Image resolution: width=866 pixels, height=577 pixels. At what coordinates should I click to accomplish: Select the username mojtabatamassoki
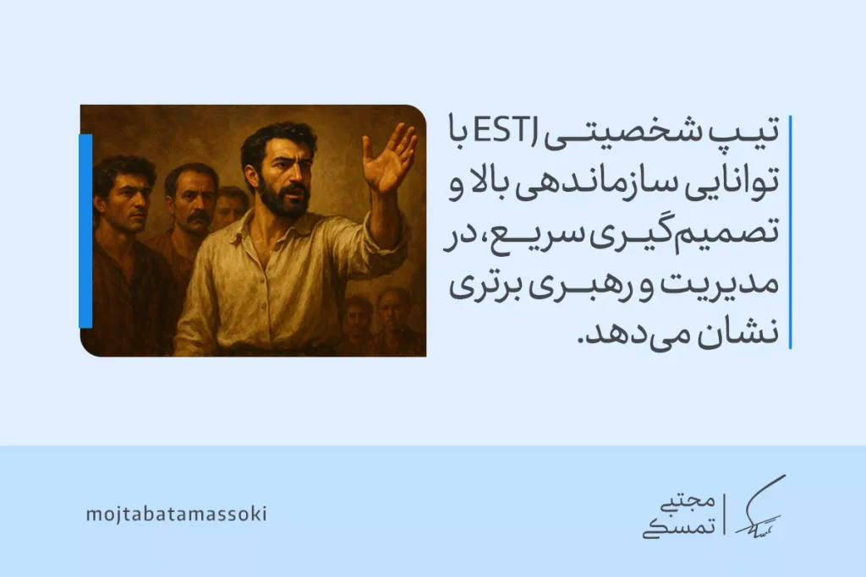coord(176,514)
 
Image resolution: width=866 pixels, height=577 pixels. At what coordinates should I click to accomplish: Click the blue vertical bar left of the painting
coord(85,231)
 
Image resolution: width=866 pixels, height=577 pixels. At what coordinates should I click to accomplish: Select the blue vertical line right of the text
coord(789,231)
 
